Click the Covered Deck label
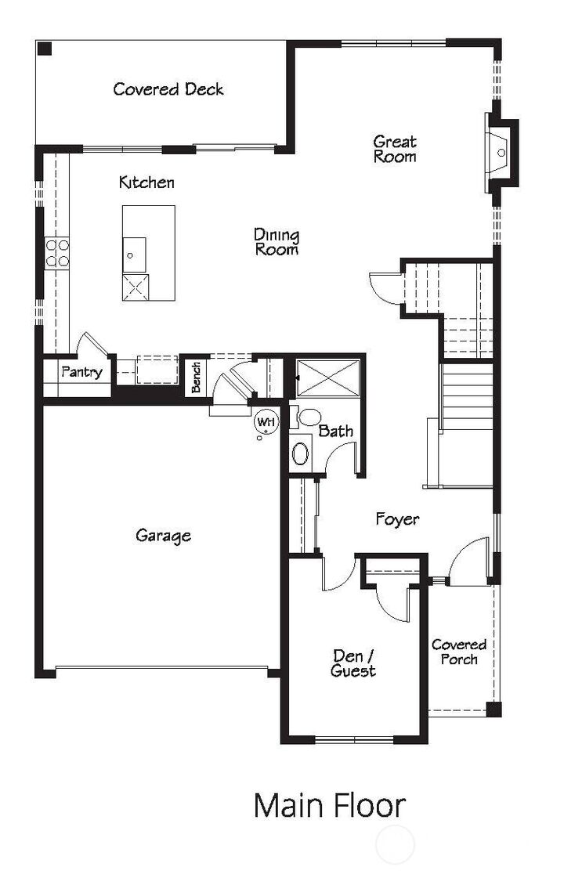168,89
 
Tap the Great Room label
394,149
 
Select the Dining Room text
277,242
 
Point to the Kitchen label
146,182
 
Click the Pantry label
81,372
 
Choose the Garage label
163,536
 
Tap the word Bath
335,431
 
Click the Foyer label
397,519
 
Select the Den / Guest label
353,663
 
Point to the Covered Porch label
459,652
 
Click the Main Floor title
330,806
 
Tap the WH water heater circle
266,422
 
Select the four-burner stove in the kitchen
56,253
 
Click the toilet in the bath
308,417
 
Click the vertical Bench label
196,377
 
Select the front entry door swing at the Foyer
472,560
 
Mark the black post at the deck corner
45,49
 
